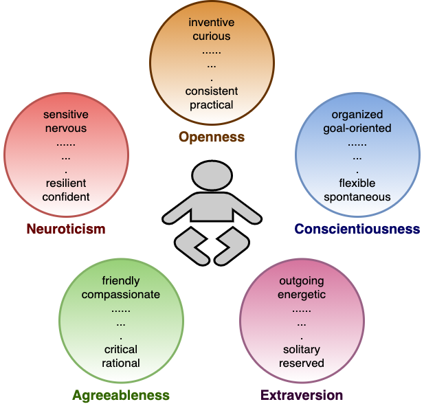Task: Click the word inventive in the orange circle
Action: (212, 23)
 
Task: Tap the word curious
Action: (212, 36)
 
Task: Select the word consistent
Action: (212, 91)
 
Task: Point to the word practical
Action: (212, 105)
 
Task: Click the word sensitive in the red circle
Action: (66, 114)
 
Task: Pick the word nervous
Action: (66, 128)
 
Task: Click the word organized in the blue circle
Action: (357, 114)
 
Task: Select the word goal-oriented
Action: (357, 128)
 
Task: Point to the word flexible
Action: (357, 183)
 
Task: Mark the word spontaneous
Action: (357, 197)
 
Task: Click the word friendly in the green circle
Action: (120, 281)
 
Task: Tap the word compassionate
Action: (120, 295)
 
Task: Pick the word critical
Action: (120, 350)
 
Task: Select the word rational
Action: (120, 363)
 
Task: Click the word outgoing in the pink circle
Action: (302, 281)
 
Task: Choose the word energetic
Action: (302, 295)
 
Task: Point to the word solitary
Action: (302, 350)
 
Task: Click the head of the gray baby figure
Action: (211, 176)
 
